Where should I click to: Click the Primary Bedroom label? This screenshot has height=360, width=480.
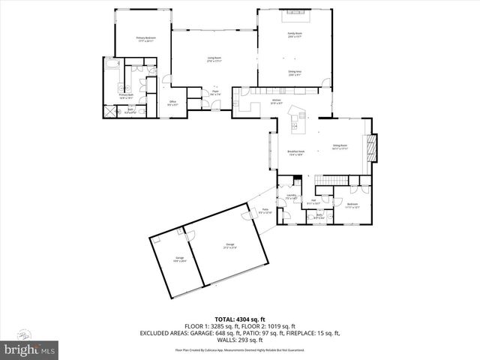[145, 39]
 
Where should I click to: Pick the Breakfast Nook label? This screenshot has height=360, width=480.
[294, 153]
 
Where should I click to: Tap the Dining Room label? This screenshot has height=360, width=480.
[340, 147]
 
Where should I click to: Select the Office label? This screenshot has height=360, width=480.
[172, 103]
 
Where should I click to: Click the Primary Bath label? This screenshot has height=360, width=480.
[126, 96]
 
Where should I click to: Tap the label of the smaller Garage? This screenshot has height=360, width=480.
[180, 260]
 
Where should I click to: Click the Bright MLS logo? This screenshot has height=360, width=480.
[30, 349]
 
